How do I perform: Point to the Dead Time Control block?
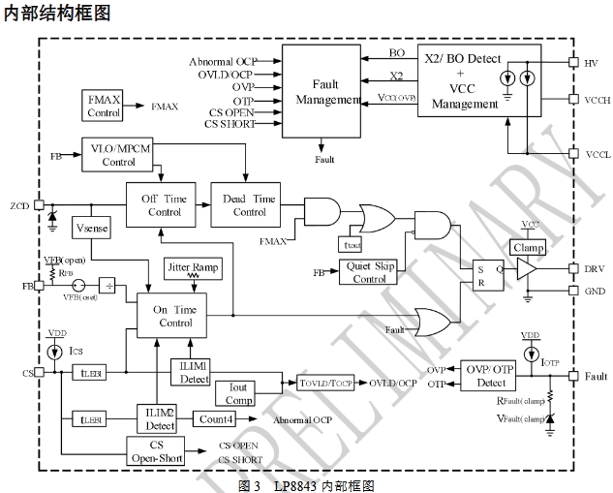pos(249,205)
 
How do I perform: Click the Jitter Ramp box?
pos(192,268)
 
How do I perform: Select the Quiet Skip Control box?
pos(369,272)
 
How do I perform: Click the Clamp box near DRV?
pos(529,247)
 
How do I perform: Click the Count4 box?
pos(216,419)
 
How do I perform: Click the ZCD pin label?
pos(19,205)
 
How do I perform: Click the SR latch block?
pos(484,274)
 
